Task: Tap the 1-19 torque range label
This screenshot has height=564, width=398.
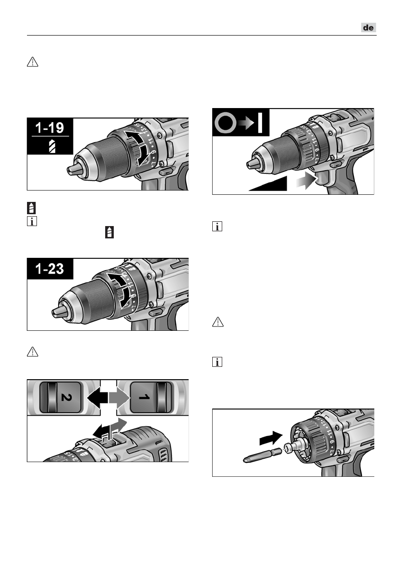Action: pos(50,128)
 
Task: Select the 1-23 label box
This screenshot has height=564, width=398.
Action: pos(50,269)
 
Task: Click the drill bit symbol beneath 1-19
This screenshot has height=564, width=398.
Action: pos(50,146)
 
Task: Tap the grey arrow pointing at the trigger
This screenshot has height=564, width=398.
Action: pos(305,182)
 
